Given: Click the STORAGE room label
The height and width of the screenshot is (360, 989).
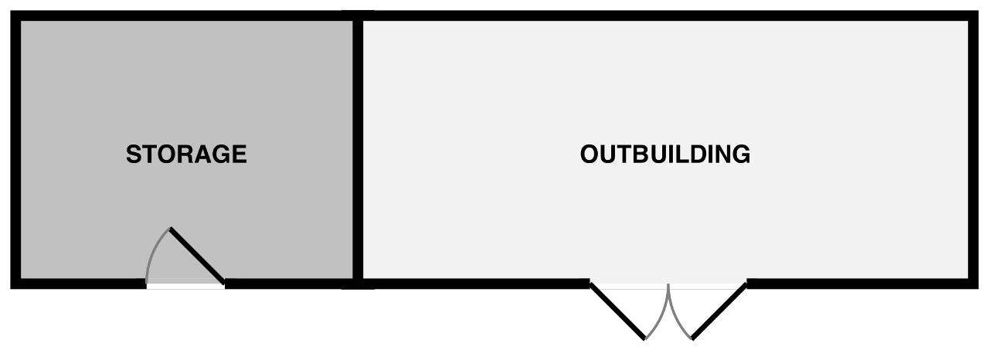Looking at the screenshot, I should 186,155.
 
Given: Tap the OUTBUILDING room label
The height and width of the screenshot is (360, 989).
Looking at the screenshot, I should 664,155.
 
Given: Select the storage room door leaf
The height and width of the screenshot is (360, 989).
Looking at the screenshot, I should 197,256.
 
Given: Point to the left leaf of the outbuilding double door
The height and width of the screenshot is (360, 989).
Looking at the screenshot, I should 617,311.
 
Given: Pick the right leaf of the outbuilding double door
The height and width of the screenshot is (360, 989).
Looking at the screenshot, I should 719,311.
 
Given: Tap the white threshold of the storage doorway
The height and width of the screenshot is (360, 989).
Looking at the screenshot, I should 185,286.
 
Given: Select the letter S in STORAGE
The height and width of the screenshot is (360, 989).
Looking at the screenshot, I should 133,155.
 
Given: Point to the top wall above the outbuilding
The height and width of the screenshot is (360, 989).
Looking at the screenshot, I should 664,15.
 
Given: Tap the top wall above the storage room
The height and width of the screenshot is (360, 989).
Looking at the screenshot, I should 185,15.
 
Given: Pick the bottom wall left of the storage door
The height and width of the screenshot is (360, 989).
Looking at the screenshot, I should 77,284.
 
